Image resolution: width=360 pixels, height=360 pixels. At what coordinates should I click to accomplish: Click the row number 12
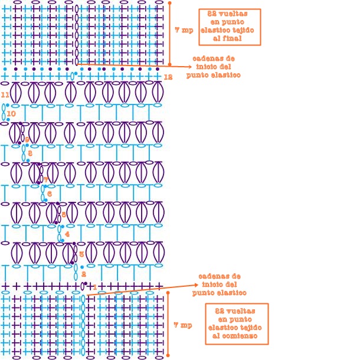coord(168,77)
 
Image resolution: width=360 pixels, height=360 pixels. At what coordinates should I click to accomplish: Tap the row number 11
coord(5,94)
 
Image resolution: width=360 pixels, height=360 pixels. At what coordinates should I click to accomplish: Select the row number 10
coord(11,114)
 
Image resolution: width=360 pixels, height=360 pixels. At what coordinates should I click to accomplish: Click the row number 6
coord(50,194)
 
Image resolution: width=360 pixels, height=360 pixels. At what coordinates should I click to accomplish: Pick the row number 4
coord(67,234)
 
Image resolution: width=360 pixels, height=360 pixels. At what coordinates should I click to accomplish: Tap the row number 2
coord(84,274)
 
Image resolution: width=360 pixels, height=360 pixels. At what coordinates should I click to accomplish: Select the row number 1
coord(94,286)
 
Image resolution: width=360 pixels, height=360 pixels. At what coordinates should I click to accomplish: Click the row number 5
coord(64,214)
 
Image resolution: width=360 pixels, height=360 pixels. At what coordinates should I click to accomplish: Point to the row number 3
coord(81,254)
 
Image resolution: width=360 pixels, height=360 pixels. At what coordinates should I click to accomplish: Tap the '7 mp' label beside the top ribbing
coord(184,30)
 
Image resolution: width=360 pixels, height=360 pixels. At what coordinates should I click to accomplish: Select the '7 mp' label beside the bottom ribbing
coord(183,325)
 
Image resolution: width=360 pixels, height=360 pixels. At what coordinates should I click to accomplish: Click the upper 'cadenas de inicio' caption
coord(214,67)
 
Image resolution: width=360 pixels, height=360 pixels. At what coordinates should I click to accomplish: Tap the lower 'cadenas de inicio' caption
coord(220,284)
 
